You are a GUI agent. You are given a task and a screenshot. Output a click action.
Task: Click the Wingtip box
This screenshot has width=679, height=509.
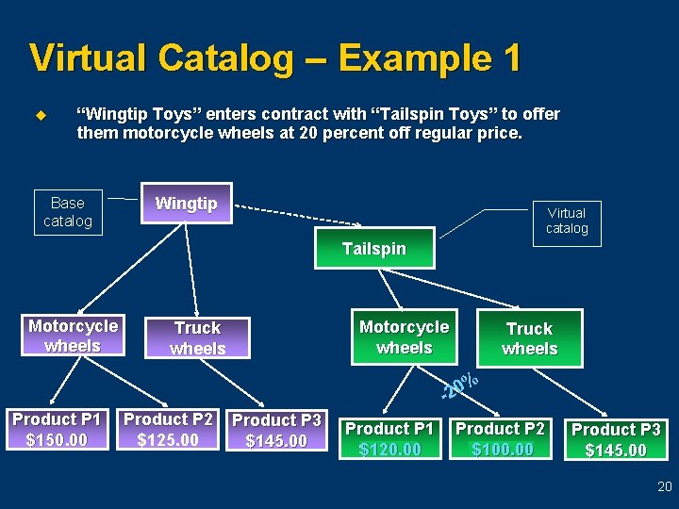(186, 203)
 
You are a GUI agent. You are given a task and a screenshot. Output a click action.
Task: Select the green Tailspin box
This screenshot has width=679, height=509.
(374, 249)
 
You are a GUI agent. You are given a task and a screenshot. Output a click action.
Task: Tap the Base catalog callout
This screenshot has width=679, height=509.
(68, 212)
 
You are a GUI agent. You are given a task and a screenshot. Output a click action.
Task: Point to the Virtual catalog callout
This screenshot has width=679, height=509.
(567, 221)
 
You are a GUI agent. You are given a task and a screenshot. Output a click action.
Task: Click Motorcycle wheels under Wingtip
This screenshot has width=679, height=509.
(73, 336)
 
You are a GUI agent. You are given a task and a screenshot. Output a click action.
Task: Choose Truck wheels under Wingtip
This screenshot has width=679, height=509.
(197, 337)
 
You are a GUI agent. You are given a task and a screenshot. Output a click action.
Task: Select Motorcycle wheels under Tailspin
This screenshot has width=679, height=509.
(404, 337)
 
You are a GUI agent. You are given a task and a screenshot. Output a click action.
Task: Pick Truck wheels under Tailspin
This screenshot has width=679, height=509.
(529, 338)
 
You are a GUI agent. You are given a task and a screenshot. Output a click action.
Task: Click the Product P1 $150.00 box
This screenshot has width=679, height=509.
(57, 430)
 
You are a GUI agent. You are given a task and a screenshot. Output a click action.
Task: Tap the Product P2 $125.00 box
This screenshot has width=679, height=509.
(168, 430)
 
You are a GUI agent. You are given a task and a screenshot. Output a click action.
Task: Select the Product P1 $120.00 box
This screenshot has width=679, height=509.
(389, 439)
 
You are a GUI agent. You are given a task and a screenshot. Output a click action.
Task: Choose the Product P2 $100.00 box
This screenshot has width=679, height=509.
(501, 439)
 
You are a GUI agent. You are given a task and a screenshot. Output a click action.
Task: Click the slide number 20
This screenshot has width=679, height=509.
(664, 487)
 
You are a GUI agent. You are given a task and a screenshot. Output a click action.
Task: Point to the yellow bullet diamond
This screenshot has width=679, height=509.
(40, 116)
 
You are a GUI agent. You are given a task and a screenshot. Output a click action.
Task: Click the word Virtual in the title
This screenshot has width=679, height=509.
(89, 58)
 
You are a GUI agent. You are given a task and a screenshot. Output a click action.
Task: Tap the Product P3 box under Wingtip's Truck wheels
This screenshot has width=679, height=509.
(277, 431)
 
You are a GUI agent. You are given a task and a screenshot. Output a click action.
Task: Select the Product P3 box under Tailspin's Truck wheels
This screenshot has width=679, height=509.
(616, 439)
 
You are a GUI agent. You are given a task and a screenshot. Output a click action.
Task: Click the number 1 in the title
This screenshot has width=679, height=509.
(510, 58)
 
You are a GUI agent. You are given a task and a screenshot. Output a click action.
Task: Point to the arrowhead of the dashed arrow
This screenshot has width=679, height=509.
(356, 224)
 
